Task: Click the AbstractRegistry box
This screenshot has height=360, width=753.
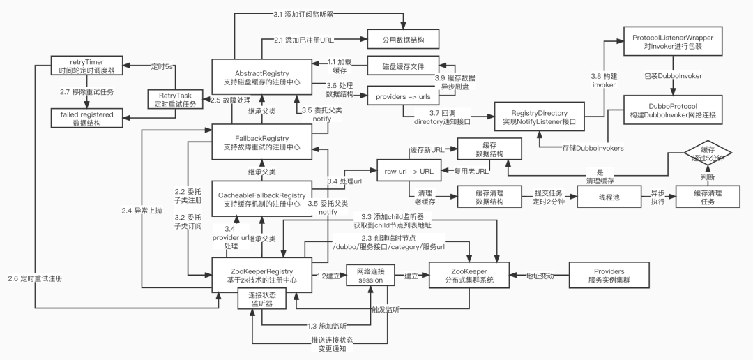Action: pyautogui.click(x=263, y=77)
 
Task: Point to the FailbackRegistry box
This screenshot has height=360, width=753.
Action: pyautogui.click(x=263, y=142)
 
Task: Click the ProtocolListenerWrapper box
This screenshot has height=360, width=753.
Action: pyautogui.click(x=672, y=40)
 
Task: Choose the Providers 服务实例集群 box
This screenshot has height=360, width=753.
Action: pyautogui.click(x=609, y=276)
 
